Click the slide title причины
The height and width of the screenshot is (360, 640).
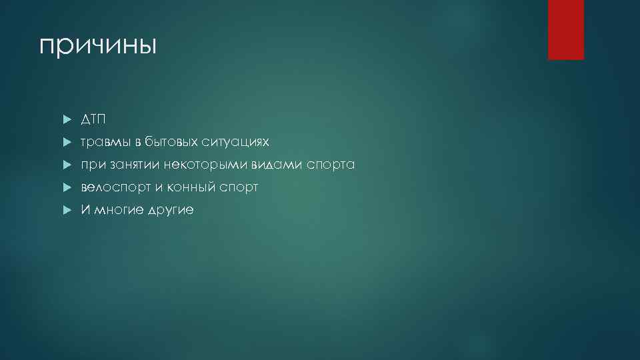(x=98, y=47)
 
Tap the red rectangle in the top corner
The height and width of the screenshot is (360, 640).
(x=565, y=30)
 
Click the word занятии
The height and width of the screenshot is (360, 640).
(x=129, y=165)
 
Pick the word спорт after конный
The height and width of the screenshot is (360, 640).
(x=238, y=187)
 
